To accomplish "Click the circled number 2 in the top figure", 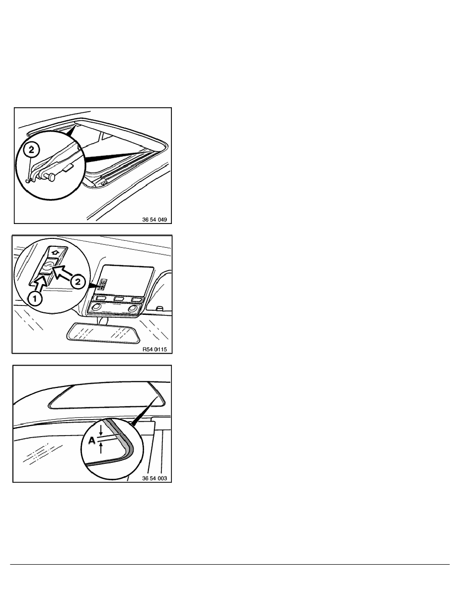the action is (32, 150).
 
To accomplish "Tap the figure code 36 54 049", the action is (154, 220).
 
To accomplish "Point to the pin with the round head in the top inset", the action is (52, 175).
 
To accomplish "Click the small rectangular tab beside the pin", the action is (69, 167).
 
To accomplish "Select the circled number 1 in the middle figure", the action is (35, 299).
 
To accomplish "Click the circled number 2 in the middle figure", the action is (78, 282).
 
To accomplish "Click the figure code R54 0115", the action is (154, 349).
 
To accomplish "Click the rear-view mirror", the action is (102, 332).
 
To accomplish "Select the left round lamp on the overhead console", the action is (97, 307).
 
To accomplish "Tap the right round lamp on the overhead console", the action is (132, 308).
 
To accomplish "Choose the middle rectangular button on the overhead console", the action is (119, 299).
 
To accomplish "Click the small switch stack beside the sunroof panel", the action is (103, 285).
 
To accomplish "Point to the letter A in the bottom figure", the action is (91, 440).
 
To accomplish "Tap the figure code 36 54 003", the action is (154, 478).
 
